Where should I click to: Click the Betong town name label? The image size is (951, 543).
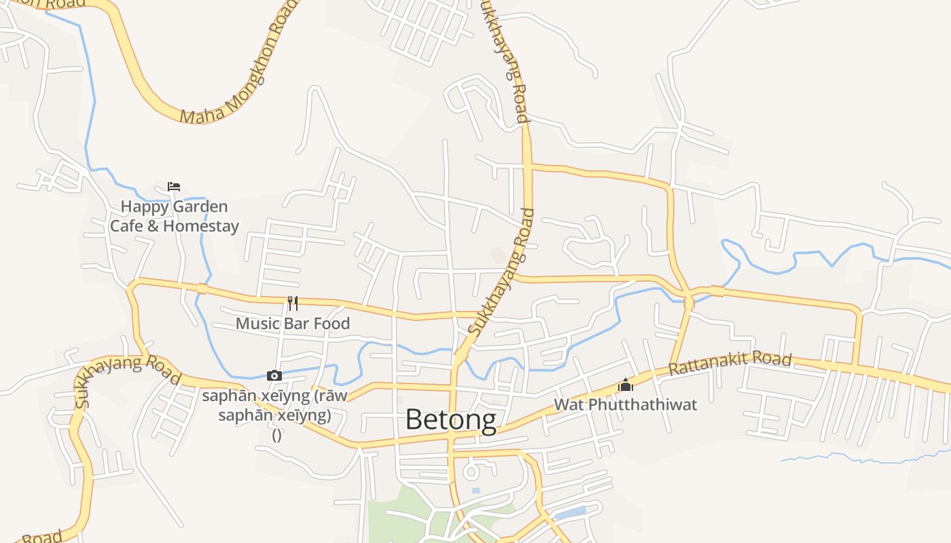(450, 419)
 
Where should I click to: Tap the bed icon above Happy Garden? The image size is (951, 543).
(174, 187)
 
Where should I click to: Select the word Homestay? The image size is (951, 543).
(201, 226)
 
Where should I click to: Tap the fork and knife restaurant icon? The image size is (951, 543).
(293, 303)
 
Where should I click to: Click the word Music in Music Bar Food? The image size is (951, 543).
(257, 323)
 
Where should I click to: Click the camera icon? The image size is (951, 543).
(274, 375)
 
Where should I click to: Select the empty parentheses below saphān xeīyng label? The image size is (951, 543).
(276, 435)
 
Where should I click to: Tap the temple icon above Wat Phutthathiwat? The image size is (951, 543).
(626, 386)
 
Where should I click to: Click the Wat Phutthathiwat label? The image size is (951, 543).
(626, 405)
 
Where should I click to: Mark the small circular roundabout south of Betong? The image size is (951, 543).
(471, 471)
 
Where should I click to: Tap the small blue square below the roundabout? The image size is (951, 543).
(475, 490)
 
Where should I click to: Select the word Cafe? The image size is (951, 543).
(126, 226)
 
